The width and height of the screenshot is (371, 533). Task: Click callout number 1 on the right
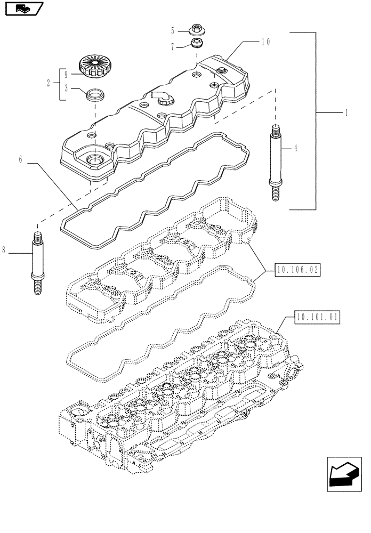pos(347,113)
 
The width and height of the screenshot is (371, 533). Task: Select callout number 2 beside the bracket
pos(49,83)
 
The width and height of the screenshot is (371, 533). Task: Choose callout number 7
pos(173,47)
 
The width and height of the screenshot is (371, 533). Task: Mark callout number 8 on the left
pos(4,249)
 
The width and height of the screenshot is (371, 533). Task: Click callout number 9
pos(66,74)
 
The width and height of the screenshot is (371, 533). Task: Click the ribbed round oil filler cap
pos(93,66)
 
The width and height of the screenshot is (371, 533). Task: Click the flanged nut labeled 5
pos(196,30)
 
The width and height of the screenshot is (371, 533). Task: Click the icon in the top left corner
pos(22,9)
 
